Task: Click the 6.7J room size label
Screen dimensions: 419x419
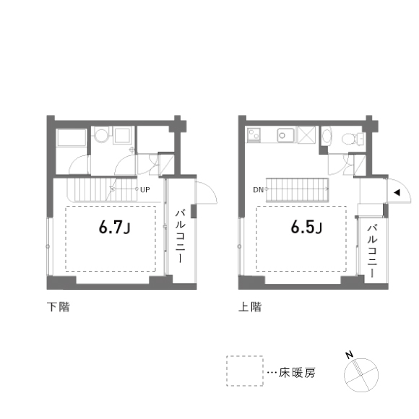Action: coord(115,228)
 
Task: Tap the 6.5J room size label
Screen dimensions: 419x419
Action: coord(306,228)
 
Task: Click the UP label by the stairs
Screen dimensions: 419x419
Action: coord(145,190)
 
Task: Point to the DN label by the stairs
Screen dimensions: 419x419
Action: coord(258,190)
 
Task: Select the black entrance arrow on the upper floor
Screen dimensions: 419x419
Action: coord(397,192)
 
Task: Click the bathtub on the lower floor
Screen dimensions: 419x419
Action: coord(72,138)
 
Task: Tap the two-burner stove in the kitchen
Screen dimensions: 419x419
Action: coord(254,134)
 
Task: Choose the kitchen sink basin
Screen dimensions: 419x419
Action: coord(285,136)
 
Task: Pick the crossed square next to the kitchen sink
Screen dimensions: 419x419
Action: coord(306,135)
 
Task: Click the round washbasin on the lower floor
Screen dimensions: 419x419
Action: coord(102,136)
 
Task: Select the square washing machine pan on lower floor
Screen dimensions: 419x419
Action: coord(123,136)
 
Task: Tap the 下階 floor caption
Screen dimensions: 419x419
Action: coord(59,307)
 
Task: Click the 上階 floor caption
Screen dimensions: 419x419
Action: coord(250,307)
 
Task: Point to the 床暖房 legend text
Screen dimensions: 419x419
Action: coord(297,373)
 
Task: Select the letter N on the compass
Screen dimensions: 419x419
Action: coord(349,355)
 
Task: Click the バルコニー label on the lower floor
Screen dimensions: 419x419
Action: coord(181,236)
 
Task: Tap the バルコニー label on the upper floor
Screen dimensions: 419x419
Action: coord(372,251)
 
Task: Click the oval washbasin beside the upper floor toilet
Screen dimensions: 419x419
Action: coord(327,136)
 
